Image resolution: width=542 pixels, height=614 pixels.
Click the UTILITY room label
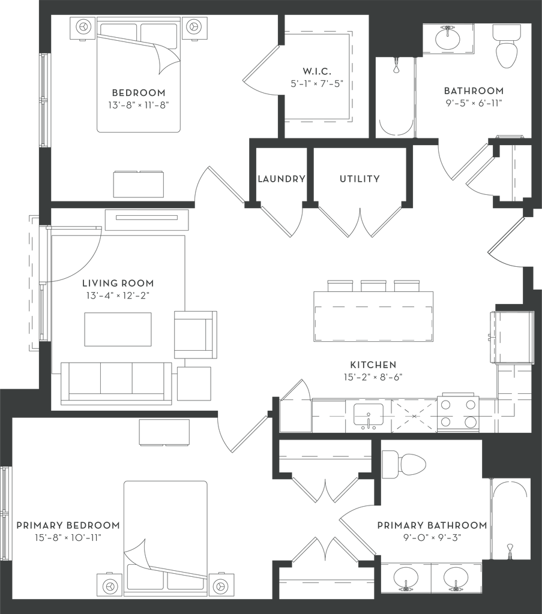coord(360,179)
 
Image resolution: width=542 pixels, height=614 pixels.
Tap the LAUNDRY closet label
coord(281,179)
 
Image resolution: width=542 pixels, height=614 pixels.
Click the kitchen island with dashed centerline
coord(373,315)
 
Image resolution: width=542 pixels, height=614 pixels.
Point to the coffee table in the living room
coord(118,329)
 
